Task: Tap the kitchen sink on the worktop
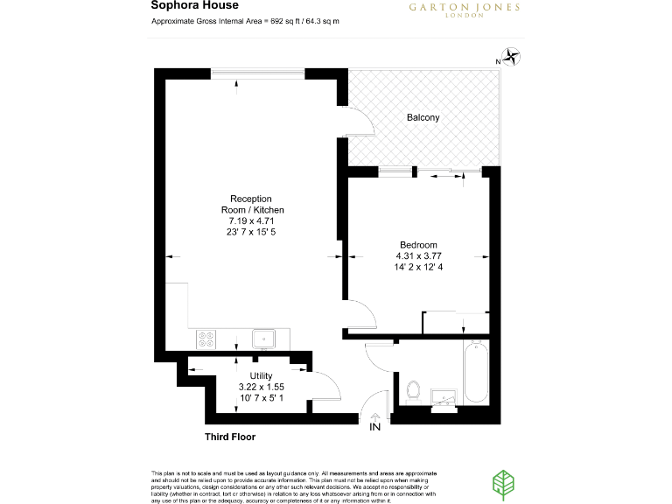click(264, 337)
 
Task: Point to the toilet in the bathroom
click(414, 388)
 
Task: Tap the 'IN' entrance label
click(375, 428)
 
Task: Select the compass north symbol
click(511, 59)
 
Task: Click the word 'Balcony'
click(423, 117)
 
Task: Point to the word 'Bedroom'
click(418, 245)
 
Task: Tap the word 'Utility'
click(262, 375)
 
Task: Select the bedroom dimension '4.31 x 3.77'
click(418, 255)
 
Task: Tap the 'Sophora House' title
click(183, 6)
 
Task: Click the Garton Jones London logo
click(465, 9)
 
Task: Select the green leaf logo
click(505, 484)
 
